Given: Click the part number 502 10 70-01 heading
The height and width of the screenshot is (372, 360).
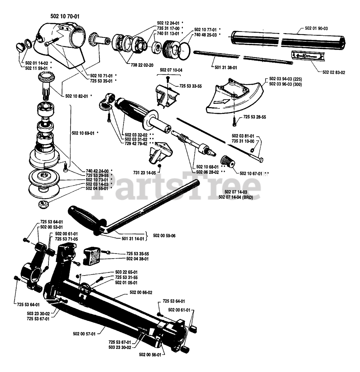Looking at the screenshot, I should point(63,17).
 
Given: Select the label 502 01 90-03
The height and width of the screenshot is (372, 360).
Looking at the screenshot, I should point(316,28).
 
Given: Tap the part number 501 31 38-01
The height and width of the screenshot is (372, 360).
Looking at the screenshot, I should point(224,67).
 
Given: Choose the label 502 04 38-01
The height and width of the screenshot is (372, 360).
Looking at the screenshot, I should point(137,258).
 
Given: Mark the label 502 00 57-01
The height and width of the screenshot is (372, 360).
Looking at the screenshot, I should point(84,334).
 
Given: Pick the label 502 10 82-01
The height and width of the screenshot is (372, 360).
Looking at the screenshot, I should point(75,95).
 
